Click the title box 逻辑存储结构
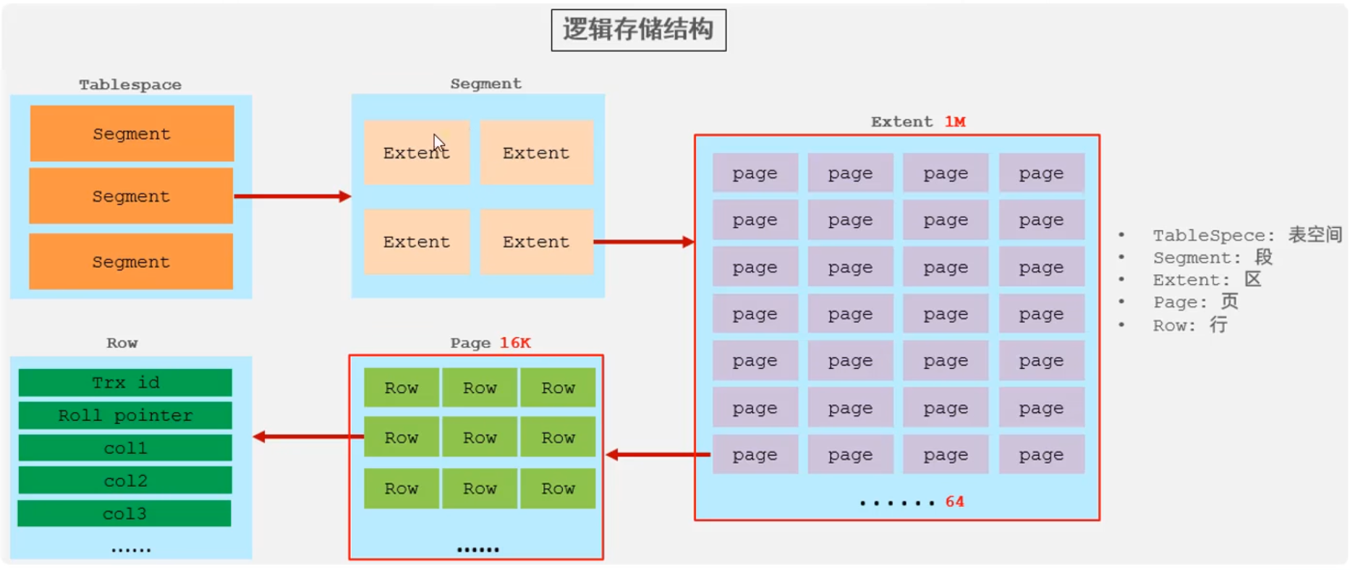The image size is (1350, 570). coord(638,30)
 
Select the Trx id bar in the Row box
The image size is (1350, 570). coord(125,383)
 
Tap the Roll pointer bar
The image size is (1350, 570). coord(125,415)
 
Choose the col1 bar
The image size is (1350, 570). coord(125,448)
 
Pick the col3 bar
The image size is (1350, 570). coord(124,514)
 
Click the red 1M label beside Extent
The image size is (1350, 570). coord(955,122)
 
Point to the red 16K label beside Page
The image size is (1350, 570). coord(515,343)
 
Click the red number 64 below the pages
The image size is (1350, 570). coord(954,501)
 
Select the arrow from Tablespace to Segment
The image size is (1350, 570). coord(292,196)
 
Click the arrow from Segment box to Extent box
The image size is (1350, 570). coord(643,242)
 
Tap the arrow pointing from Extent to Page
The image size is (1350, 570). coord(658,454)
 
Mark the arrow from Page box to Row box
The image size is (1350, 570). coord(307,436)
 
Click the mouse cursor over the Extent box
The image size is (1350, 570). coord(438,142)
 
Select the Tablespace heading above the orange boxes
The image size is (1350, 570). coord(130,85)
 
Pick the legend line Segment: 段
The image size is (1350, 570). coord(1213,258)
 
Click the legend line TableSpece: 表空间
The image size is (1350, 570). coord(1247,235)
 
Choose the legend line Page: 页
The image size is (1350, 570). coord(1195,302)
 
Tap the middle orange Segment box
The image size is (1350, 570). coord(131,196)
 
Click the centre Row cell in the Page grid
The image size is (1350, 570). coord(480,437)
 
